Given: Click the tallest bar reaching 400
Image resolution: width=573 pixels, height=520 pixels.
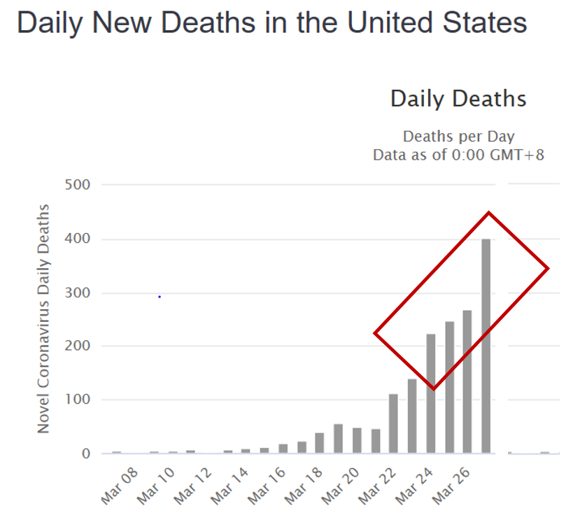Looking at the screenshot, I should click(x=486, y=346).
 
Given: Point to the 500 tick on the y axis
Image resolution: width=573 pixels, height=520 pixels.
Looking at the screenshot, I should click(x=78, y=185).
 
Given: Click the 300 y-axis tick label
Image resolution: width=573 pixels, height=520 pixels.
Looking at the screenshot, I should click(x=78, y=293).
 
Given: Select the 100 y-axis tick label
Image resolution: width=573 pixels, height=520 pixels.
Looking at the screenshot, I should click(x=78, y=400).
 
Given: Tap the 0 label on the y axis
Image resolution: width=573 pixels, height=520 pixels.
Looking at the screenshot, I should click(x=86, y=454).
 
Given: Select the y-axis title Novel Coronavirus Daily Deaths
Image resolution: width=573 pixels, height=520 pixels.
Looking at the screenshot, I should click(x=43, y=318).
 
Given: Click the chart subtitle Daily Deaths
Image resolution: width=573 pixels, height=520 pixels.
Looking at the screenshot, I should click(x=458, y=99).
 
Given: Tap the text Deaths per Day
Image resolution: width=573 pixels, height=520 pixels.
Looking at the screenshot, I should click(x=458, y=136).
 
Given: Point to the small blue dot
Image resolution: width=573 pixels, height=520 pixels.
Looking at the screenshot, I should click(x=160, y=297).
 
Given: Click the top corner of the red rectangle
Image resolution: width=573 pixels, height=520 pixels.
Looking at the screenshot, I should click(x=488, y=212).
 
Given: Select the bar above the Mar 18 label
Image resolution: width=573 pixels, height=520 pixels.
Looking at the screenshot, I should click(x=320, y=443).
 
